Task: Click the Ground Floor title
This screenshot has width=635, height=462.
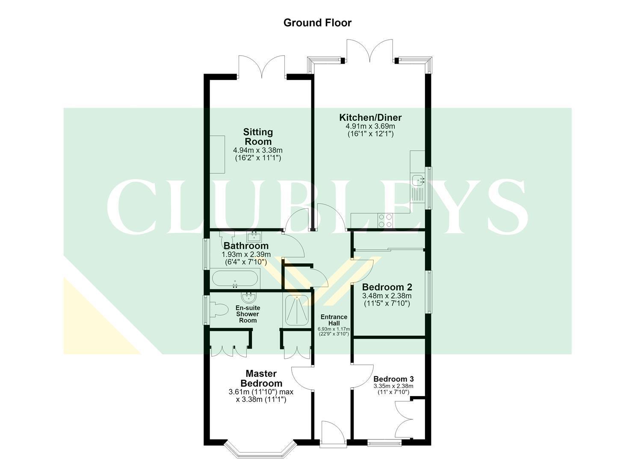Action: tap(317, 23)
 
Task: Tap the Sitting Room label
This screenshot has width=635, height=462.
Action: tap(258, 137)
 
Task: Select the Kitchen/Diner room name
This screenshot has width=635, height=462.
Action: tap(370, 117)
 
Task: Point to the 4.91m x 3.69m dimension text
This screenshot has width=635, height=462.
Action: tap(370, 126)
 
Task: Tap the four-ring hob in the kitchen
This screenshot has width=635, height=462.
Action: tap(385, 221)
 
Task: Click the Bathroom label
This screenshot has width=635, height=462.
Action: tap(246, 246)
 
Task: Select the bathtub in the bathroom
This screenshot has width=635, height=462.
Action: tap(235, 278)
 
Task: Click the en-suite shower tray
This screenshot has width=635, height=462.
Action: tap(296, 311)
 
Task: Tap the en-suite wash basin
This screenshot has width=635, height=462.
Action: tap(249, 297)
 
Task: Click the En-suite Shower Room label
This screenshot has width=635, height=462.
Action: tap(248, 314)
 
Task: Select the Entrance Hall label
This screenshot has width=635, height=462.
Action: tap(334, 320)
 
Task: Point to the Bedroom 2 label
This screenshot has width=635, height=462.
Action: tap(387, 287)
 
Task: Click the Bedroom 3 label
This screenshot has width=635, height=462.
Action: tap(393, 379)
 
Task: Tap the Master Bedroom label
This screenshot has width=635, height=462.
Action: tap(261, 378)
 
